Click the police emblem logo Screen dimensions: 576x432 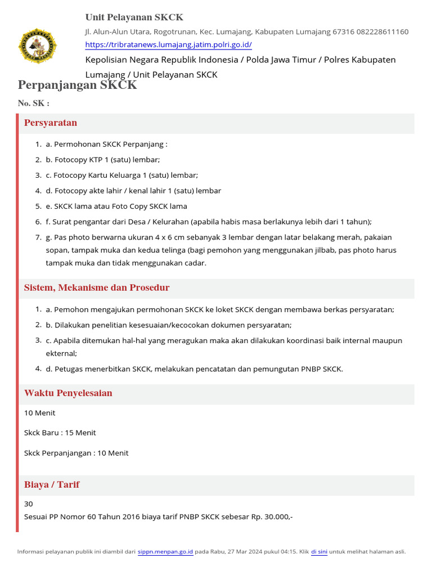pyautogui.click(x=38, y=47)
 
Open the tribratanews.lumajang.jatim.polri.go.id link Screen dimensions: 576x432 pyautogui.click(x=168, y=45)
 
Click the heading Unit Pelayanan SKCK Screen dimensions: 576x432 pyautogui.click(x=134, y=17)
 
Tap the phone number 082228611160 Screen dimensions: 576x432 pyautogui.click(x=382, y=31)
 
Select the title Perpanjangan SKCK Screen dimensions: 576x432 pyautogui.click(x=77, y=85)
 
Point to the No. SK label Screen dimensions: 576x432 pyautogui.click(x=33, y=103)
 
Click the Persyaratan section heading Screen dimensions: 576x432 pyautogui.click(x=51, y=123)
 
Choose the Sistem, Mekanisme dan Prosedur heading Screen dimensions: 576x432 pyautogui.click(x=97, y=288)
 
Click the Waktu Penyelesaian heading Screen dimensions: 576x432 pyautogui.click(x=68, y=393)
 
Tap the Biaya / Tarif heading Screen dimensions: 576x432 pyautogui.click(x=52, y=485)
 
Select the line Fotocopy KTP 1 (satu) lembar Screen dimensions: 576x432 pyautogui.click(x=103, y=160)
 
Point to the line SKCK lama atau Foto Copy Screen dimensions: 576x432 pyautogui.click(x=116, y=206)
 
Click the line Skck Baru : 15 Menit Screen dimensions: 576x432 pyautogui.click(x=60, y=433)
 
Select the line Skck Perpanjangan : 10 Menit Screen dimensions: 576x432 pyautogui.click(x=76, y=453)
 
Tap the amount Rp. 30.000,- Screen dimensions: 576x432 pyautogui.click(x=273, y=516)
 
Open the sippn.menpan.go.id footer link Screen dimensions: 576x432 pyautogui.click(x=165, y=552)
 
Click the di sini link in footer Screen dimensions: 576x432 pyautogui.click(x=319, y=552)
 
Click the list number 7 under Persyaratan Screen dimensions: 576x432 pyautogui.click(x=38, y=237)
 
